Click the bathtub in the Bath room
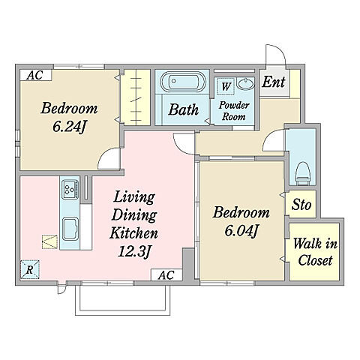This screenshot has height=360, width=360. coord(183,82)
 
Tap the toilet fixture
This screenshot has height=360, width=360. coord(303,173)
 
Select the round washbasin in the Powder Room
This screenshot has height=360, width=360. coord(245,83)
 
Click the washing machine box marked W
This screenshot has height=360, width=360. coord(226,86)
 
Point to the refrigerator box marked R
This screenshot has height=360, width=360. coord(30,269)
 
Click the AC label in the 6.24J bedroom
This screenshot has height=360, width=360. coord(35,75)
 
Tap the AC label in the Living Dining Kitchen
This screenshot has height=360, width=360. coord(166,275)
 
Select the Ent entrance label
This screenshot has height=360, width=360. coord(274,82)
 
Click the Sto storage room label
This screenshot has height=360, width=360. coord(301,204)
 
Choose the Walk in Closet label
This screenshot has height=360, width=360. coord(315,252)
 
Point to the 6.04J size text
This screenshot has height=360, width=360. coord(241,230)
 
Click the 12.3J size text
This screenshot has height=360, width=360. coord(134,251)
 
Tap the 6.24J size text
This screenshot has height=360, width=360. coord(69,127)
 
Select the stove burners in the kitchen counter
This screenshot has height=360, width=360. coord(70,189)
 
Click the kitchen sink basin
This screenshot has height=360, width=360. coord(70,229)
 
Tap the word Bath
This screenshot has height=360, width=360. coord(184,109)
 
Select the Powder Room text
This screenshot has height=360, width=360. coord(234,111)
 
